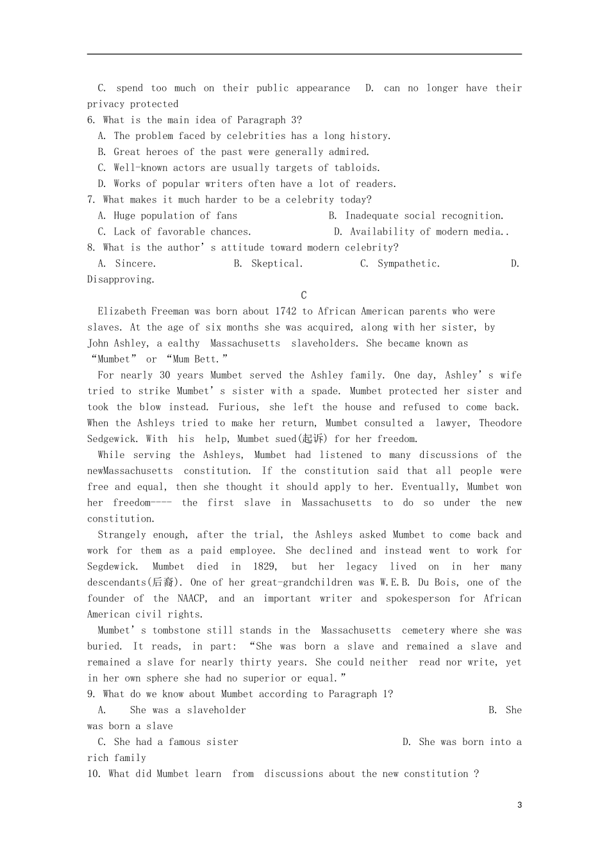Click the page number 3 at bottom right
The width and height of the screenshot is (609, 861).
(x=519, y=805)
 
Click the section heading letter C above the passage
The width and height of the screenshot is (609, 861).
(x=304, y=295)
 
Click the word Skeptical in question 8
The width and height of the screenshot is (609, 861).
(x=276, y=263)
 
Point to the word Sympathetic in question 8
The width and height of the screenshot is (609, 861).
(x=408, y=263)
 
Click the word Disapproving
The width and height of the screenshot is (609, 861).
(x=120, y=279)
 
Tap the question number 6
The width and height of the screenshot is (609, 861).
(x=90, y=120)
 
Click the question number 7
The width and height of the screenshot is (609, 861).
(x=90, y=200)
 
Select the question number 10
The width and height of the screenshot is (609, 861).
(x=94, y=774)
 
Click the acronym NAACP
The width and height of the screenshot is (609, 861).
(x=190, y=598)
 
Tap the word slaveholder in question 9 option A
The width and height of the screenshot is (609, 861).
(x=216, y=710)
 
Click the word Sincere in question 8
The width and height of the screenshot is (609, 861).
(x=135, y=263)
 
